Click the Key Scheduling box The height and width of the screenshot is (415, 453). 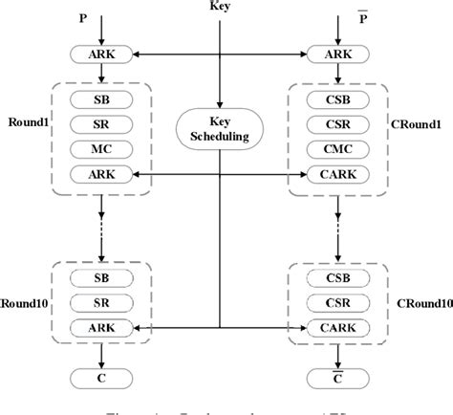221,130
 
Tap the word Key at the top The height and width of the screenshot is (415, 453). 221,8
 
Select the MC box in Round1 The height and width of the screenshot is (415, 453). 100,148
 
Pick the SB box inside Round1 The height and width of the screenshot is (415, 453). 100,99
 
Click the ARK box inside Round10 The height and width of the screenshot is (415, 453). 100,326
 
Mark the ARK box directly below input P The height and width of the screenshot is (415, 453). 100,55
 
